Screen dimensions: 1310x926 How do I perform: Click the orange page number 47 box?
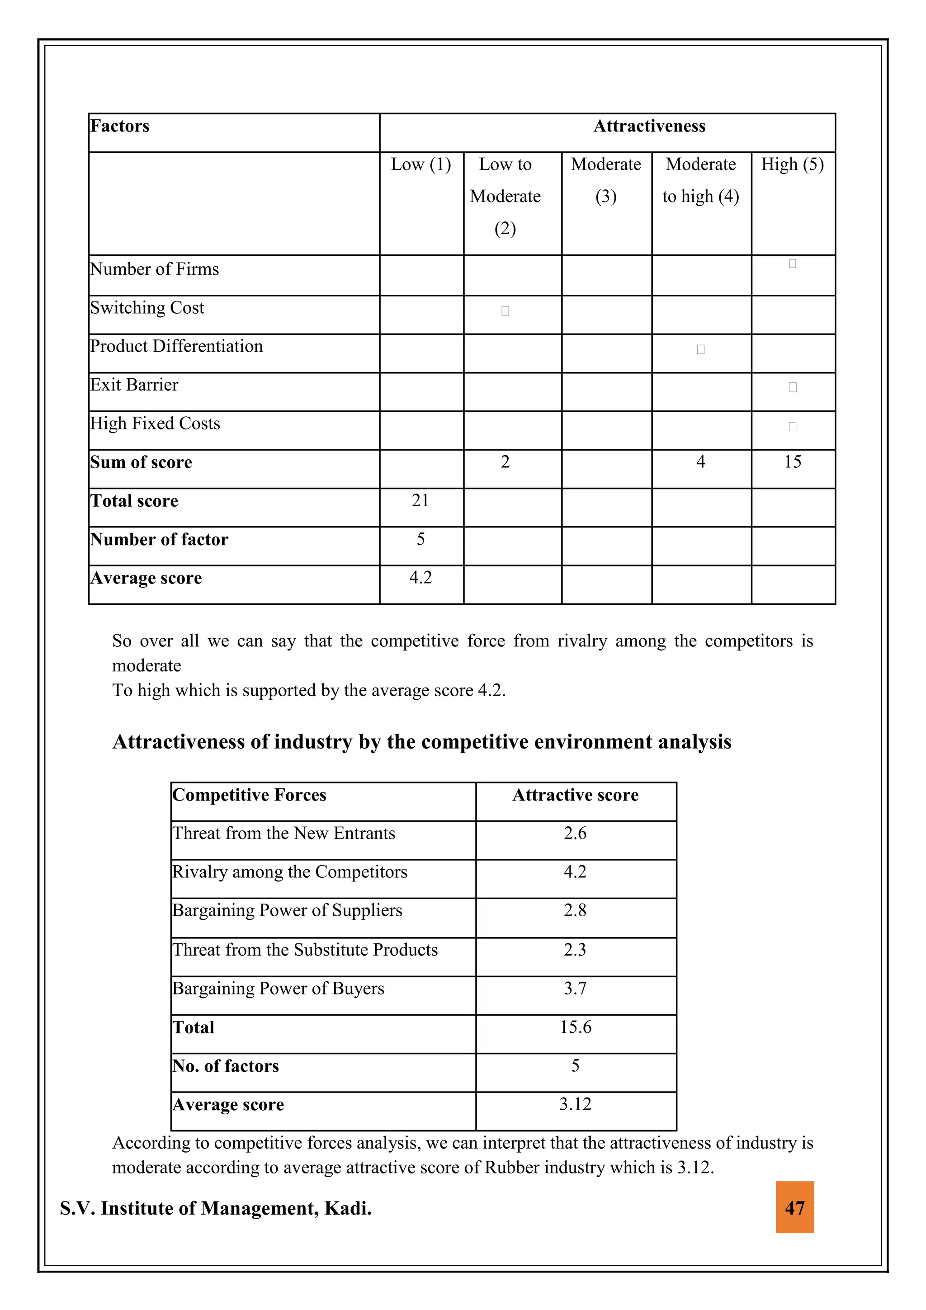point(794,1208)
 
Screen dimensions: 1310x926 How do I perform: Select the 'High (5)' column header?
point(793,165)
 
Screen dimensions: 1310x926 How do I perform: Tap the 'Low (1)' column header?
point(420,165)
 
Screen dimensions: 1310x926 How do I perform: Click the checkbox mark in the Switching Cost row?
point(505,311)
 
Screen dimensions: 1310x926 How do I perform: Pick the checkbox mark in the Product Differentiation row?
point(701,349)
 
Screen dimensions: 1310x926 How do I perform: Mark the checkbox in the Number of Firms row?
point(793,264)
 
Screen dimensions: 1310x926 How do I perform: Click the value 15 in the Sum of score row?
point(793,462)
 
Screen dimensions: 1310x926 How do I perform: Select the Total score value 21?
point(420,500)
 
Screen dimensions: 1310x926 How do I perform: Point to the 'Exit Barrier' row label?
point(134,385)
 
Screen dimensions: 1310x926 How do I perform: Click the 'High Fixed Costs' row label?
point(155,424)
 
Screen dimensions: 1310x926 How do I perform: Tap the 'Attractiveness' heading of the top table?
point(649,126)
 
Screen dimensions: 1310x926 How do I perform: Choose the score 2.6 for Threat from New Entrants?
point(575,834)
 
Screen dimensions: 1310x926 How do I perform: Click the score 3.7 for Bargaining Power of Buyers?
point(575,988)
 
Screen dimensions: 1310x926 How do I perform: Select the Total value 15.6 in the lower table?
point(575,1027)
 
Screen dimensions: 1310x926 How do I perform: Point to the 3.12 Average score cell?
point(575,1104)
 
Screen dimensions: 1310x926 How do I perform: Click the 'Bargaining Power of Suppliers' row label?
point(287,910)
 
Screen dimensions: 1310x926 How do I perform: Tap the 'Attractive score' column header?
point(575,795)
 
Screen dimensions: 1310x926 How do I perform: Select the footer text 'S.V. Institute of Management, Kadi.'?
point(216,1208)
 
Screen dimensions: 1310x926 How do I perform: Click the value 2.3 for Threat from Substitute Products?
point(575,949)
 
